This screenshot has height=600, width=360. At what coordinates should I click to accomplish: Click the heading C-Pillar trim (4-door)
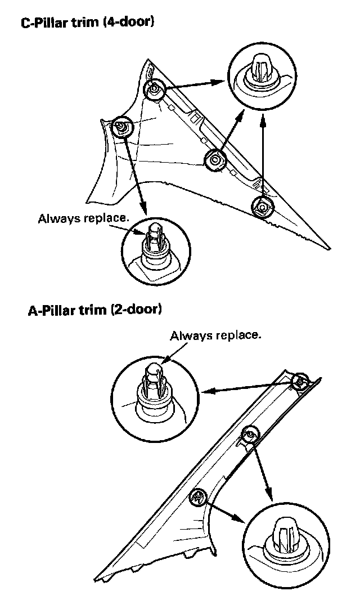tap(87, 23)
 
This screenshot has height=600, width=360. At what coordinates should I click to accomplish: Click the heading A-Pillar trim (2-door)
tap(94, 310)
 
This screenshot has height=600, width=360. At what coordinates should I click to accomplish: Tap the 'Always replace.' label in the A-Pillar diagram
tap(215, 336)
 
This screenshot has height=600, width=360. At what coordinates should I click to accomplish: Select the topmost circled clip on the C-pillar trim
tap(154, 88)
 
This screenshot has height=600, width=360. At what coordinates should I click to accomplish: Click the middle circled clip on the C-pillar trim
tap(214, 160)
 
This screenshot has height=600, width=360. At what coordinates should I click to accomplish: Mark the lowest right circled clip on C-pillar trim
tap(262, 206)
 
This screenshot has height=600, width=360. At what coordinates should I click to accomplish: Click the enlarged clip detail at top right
tap(263, 76)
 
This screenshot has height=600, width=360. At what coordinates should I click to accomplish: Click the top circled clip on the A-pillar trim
tap(301, 381)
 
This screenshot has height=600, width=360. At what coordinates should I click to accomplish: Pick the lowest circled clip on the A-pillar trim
tap(199, 498)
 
